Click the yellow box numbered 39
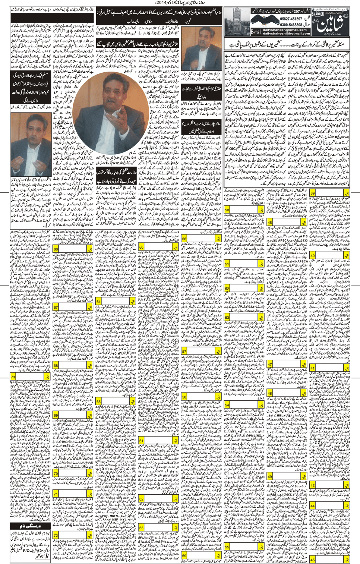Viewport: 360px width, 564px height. click(x=313, y=193)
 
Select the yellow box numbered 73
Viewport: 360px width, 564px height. click(x=13, y=377)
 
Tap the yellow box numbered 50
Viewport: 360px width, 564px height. click(x=227, y=210)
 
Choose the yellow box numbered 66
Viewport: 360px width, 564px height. click(x=56, y=249)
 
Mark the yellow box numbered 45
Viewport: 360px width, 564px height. click(x=312, y=560)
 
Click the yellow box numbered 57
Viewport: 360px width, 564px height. click(x=184, y=352)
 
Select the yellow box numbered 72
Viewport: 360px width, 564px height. click(x=56, y=535)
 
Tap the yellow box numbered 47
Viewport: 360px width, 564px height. click(x=270, y=364)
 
